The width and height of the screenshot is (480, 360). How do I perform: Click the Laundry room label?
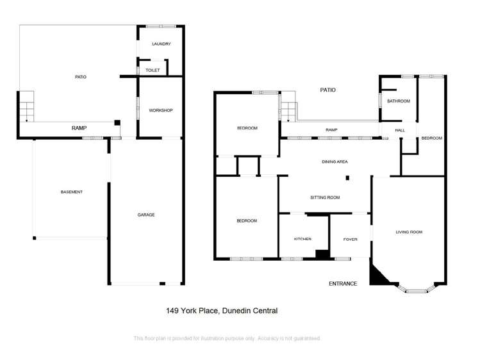(161, 44)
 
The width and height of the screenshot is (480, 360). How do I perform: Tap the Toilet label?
(153, 70)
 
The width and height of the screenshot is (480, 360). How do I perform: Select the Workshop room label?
(161, 110)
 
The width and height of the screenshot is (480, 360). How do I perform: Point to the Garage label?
(146, 215)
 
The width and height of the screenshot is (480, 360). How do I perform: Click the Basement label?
(72, 192)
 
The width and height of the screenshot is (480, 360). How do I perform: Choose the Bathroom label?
(398, 101)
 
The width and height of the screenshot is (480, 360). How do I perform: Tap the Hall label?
(400, 130)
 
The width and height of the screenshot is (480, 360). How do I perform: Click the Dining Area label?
(335, 162)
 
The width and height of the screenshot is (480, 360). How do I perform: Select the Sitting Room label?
(325, 198)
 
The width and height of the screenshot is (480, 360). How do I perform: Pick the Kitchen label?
(302, 239)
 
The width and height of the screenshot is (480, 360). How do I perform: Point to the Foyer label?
(350, 239)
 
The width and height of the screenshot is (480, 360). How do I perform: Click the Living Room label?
(409, 232)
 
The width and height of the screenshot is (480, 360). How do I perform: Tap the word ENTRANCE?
(343, 283)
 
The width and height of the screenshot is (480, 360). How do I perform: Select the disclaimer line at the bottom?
(226, 338)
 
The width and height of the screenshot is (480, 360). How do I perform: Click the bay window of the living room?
(417, 290)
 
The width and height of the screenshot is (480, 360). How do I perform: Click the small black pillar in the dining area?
(347, 177)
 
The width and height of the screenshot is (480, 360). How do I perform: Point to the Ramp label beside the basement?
(79, 128)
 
